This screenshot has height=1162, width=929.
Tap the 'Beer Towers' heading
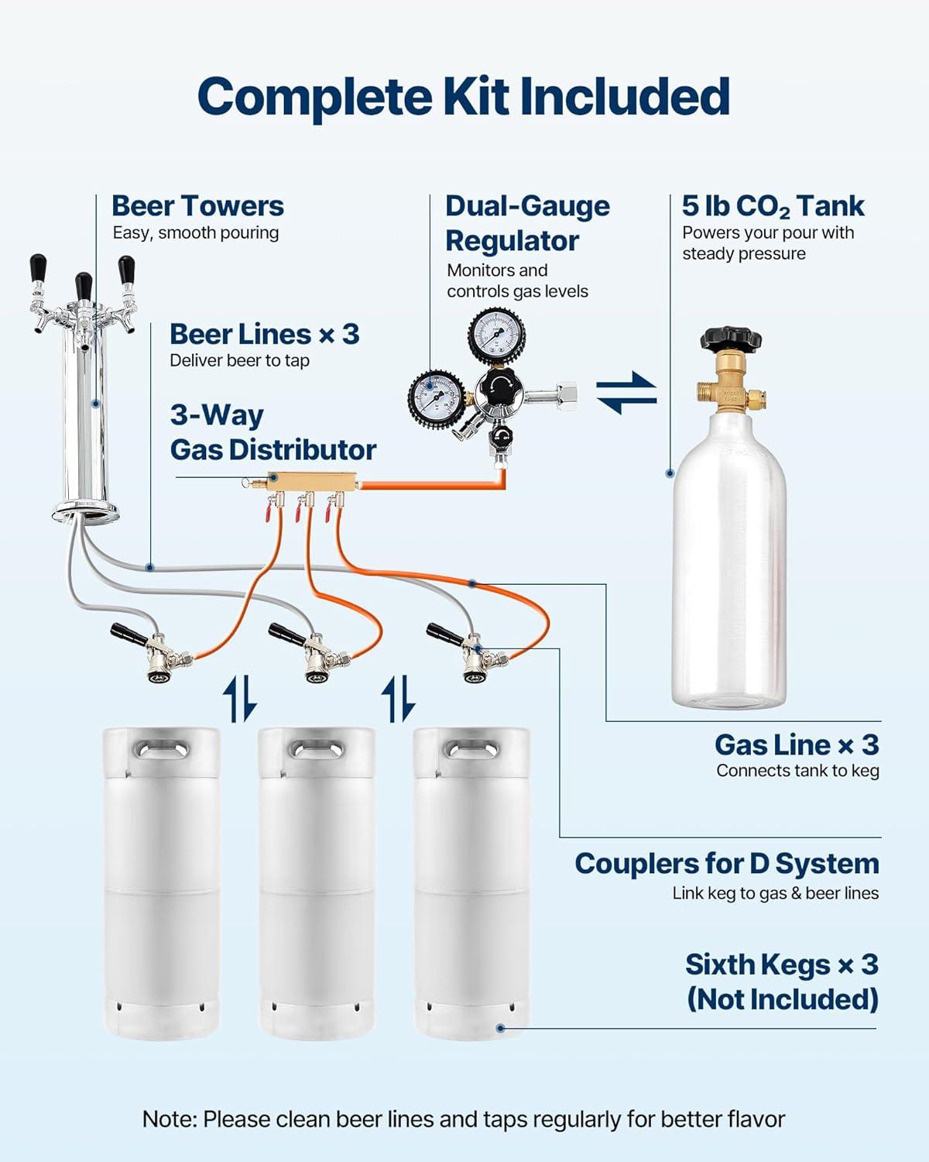pos(197,206)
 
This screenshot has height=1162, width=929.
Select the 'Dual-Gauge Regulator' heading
pos(526,223)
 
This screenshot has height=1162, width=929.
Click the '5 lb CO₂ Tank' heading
pos(773,206)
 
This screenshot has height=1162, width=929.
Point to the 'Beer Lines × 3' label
pos(264,335)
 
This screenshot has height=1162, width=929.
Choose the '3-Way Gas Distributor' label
pos(273,432)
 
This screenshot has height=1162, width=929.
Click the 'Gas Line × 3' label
pos(797,744)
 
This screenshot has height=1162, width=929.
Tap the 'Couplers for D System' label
pos(726,864)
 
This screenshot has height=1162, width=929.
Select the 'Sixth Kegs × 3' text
pos(781,965)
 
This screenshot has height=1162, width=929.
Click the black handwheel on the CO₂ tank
pos(730,339)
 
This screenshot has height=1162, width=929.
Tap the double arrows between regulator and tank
pos(626,392)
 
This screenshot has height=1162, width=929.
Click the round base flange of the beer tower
pos(85,511)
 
